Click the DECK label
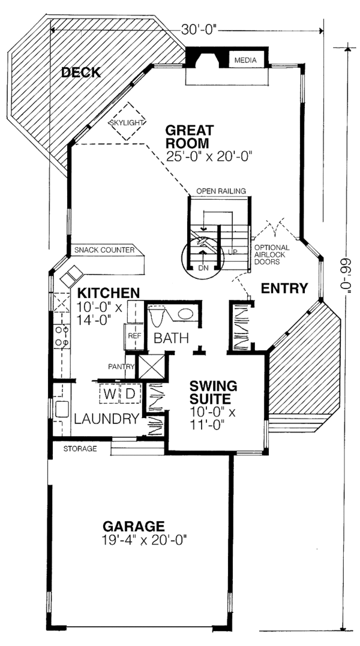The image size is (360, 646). (x=80, y=73)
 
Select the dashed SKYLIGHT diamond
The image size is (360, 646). (x=127, y=122)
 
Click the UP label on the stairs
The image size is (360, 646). (x=233, y=252)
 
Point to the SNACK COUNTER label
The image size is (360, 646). (x=104, y=250)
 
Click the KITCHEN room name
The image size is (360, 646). (x=109, y=293)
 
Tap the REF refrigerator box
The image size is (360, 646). (x=133, y=336)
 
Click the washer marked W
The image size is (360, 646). (x=109, y=395)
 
